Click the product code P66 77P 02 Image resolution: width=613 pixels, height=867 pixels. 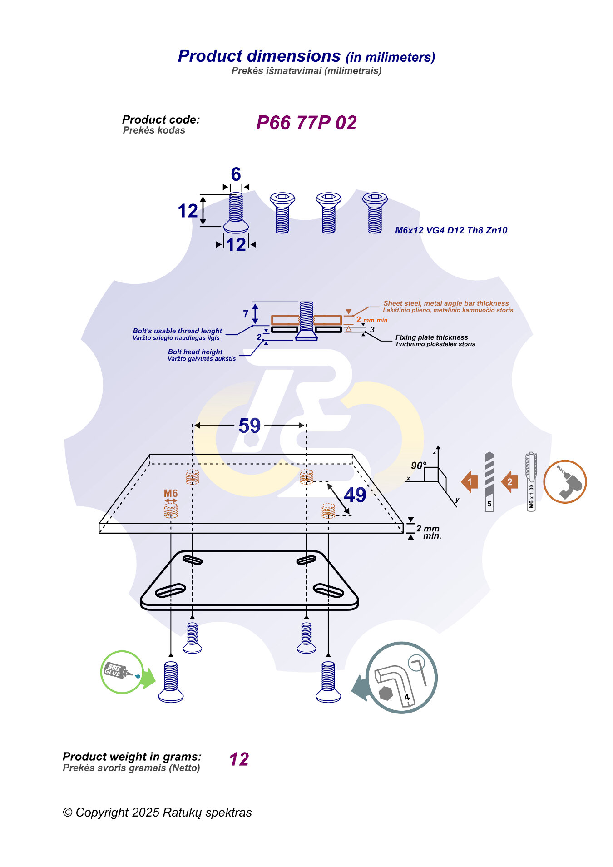[x=306, y=123]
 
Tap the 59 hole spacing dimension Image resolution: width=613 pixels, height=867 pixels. [x=249, y=426]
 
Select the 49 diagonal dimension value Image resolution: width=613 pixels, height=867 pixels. [x=355, y=495]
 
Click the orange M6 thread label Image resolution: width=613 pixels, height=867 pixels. [x=170, y=493]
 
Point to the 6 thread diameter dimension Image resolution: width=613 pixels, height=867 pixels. [x=236, y=174]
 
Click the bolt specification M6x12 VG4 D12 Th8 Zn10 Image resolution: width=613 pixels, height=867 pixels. [x=451, y=230]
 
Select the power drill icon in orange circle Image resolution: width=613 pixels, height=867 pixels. [x=565, y=482]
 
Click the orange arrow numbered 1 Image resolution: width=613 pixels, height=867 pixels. [x=470, y=482]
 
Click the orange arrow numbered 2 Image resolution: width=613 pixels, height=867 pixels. [x=509, y=482]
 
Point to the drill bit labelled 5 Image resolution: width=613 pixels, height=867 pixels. [x=489, y=481]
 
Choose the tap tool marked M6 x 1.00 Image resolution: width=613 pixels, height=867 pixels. [x=531, y=481]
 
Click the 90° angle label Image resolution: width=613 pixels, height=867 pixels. [x=418, y=466]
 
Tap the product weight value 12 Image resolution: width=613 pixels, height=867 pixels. [x=239, y=759]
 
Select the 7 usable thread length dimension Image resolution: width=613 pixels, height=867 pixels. [x=246, y=314]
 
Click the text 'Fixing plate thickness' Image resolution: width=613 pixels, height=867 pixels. [x=431, y=337]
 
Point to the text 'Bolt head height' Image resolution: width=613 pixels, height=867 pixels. [x=195, y=352]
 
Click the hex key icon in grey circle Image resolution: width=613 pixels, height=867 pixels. [x=400, y=678]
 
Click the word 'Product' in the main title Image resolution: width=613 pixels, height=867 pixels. [x=210, y=56]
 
